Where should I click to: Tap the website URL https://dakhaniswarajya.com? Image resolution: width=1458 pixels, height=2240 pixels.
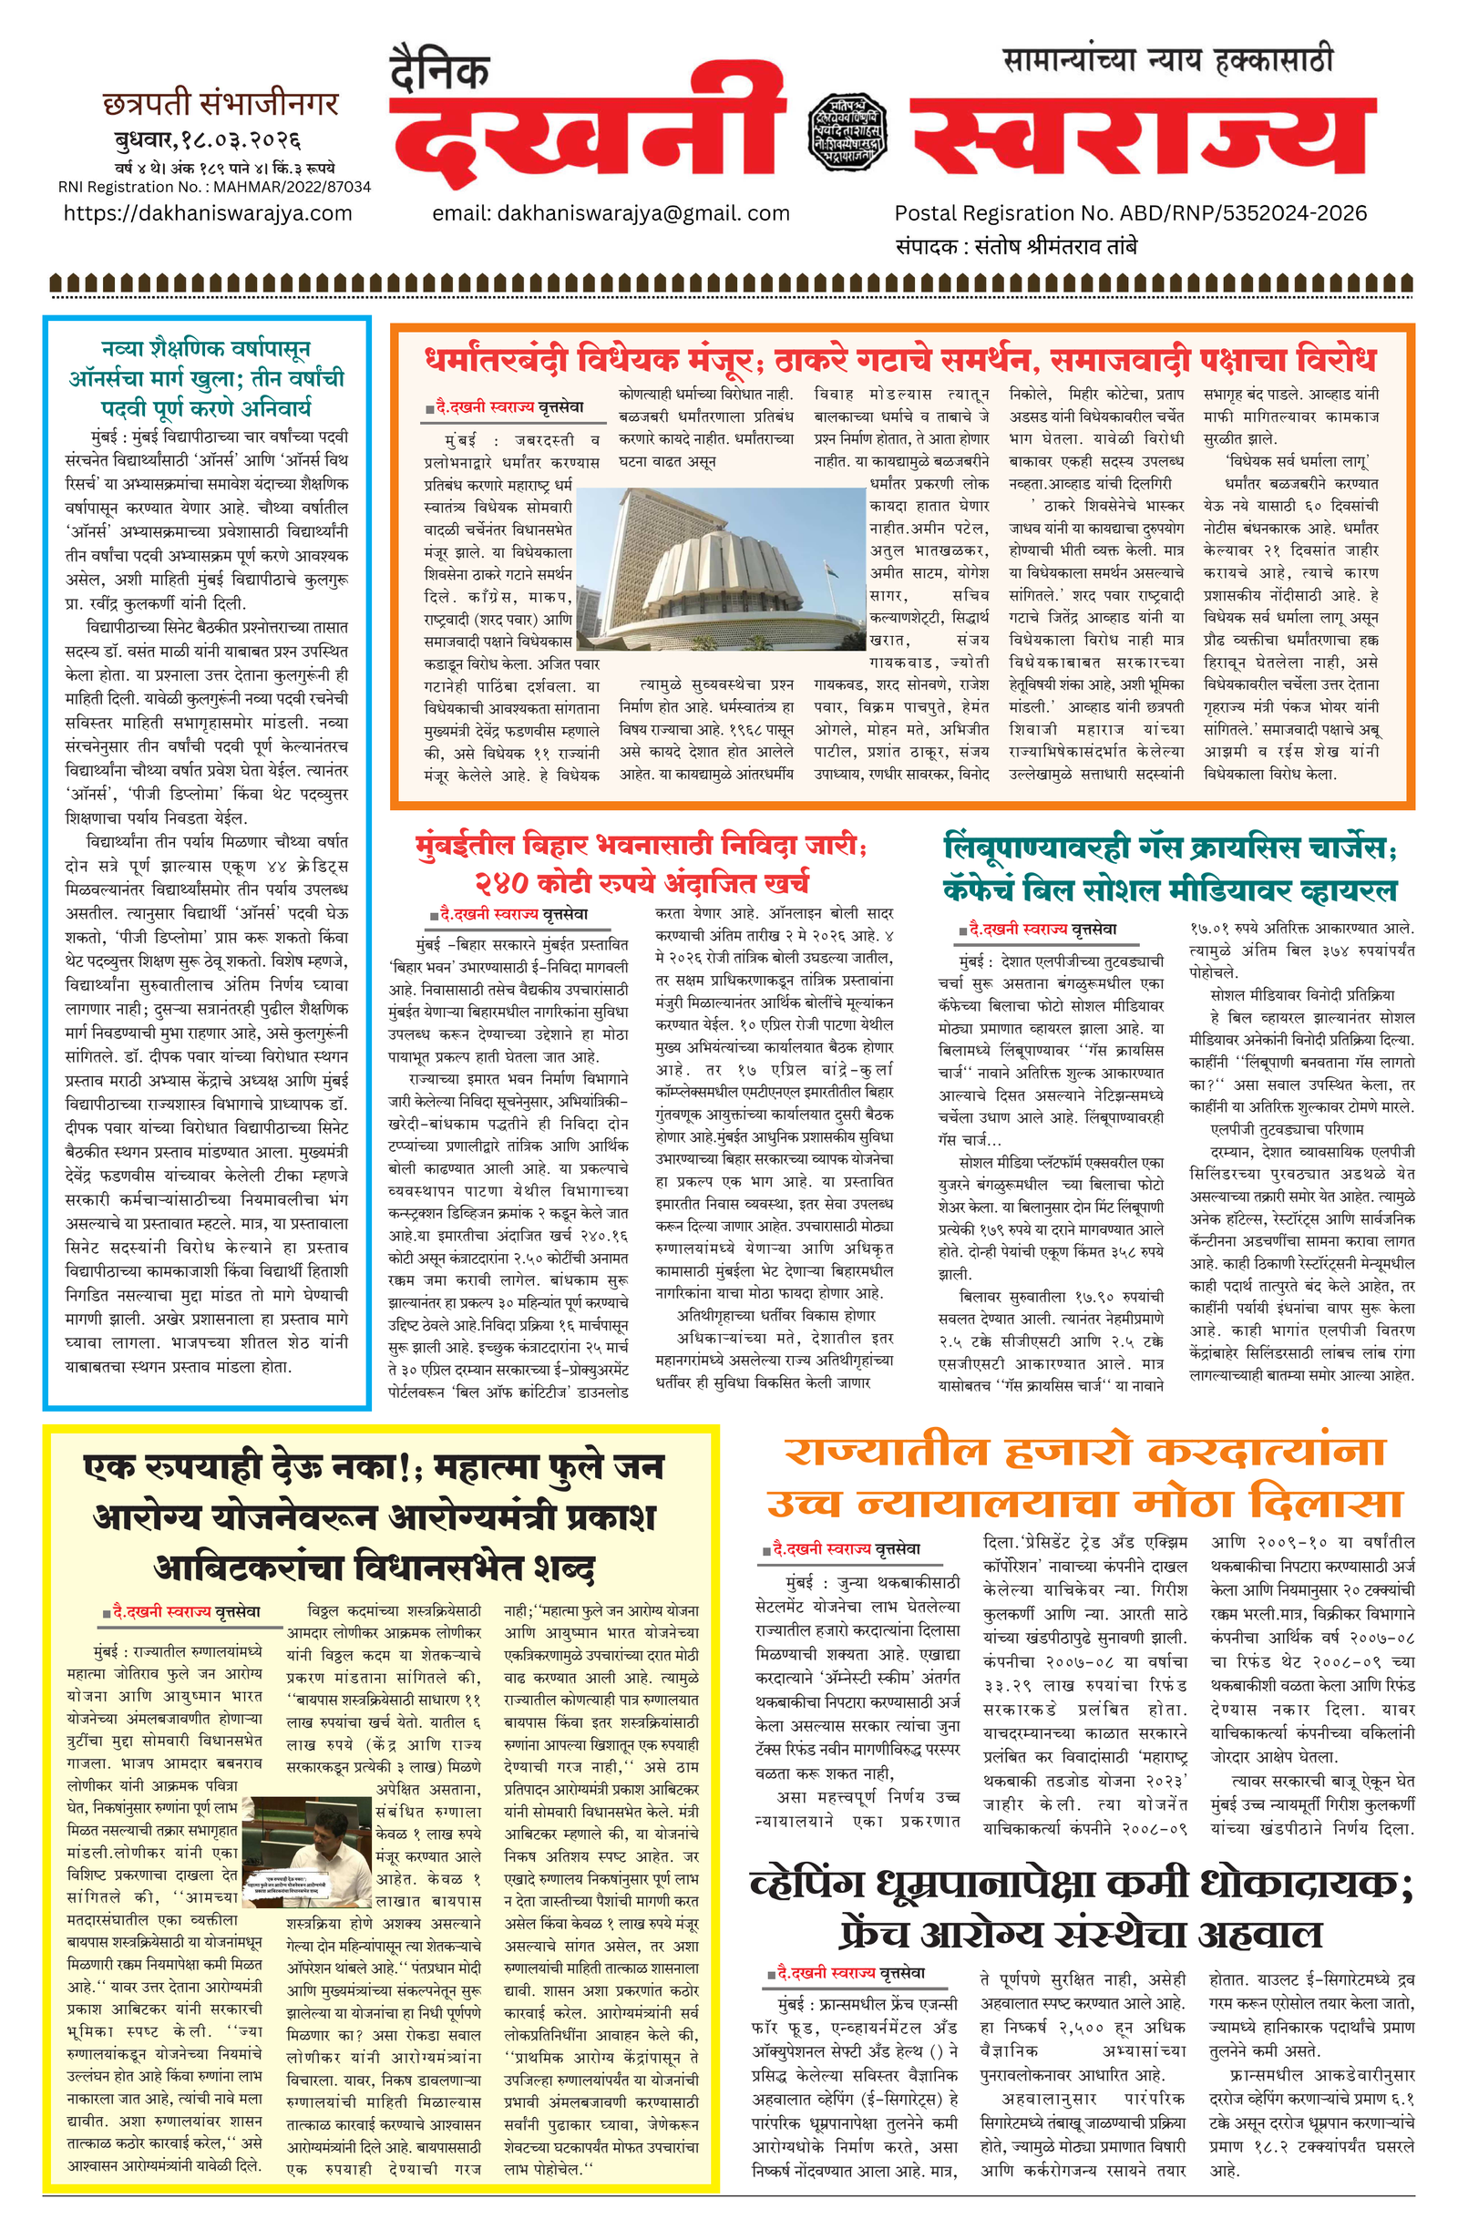point(208,213)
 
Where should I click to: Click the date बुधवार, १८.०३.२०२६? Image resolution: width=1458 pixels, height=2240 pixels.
point(207,141)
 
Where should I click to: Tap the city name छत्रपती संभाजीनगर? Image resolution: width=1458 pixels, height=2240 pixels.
point(221,104)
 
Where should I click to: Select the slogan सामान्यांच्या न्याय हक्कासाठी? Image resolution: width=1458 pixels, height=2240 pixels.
point(1168,61)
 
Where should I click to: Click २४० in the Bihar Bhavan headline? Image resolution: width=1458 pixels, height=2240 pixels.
point(501,883)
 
